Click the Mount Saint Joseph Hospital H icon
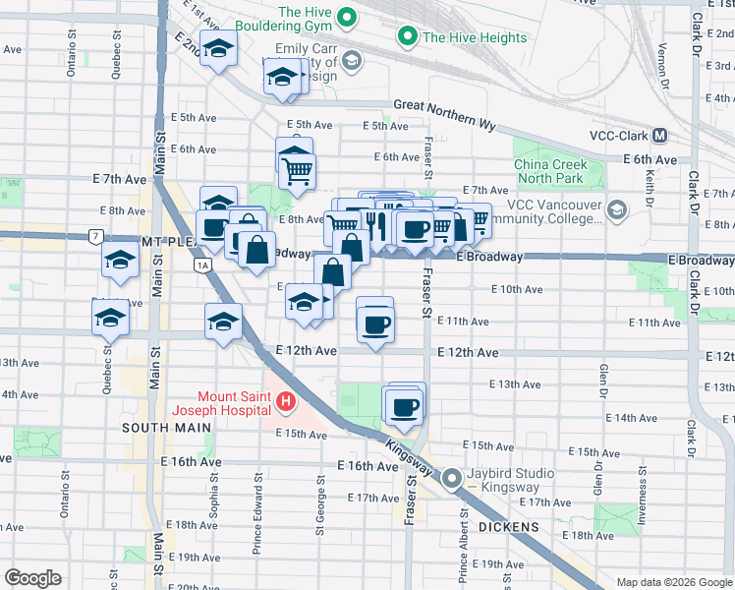point(285,401)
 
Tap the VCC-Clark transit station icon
point(659,136)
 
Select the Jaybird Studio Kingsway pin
point(452,479)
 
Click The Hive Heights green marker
point(406,37)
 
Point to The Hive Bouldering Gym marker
point(346,18)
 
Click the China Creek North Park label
point(550,172)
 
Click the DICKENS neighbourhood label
point(510,528)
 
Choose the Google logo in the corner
point(33,578)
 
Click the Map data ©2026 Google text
point(674,582)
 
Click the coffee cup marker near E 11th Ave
point(374,322)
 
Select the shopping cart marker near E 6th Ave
point(296,171)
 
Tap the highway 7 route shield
point(94,237)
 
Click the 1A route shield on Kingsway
point(202,265)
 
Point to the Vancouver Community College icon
point(616,209)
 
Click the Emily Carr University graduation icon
point(352,62)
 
